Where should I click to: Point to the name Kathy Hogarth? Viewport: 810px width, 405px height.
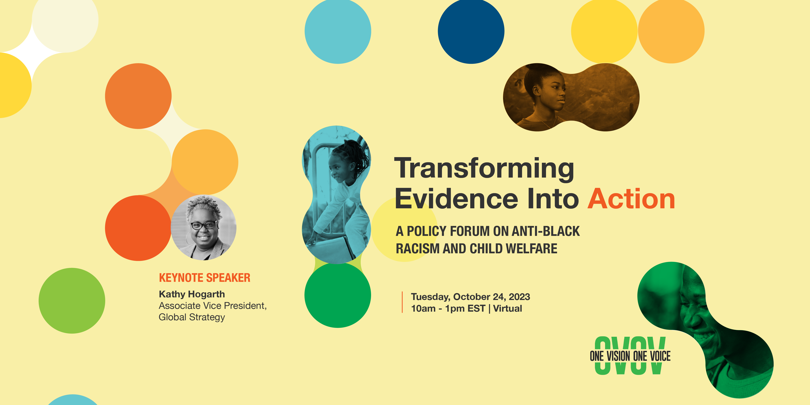click(192, 294)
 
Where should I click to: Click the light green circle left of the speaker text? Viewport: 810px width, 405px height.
click(72, 301)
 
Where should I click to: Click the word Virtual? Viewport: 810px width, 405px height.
click(508, 308)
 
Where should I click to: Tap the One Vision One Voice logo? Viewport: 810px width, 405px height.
click(630, 356)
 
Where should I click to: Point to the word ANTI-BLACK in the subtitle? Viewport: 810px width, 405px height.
click(546, 231)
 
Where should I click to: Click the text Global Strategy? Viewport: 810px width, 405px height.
click(192, 317)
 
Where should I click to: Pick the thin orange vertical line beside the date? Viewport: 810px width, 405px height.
click(402, 302)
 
